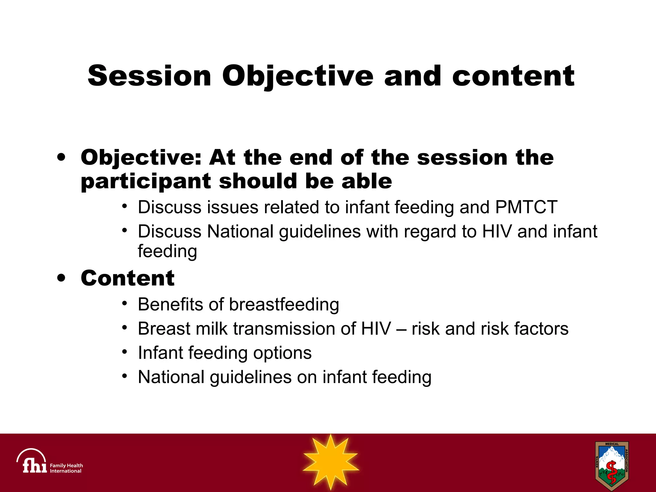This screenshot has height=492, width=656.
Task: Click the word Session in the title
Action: pyautogui.click(x=149, y=76)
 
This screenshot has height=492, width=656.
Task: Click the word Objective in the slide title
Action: pyautogui.click(x=298, y=76)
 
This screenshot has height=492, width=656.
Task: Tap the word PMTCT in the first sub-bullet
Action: pyautogui.click(x=526, y=207)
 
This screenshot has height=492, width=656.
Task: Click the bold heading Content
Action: pyautogui.click(x=127, y=278)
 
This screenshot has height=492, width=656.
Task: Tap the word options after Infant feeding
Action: pyautogui.click(x=282, y=353)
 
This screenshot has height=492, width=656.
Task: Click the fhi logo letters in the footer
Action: pyautogui.click(x=34, y=465)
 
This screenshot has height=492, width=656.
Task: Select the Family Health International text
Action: pyautogui.click(x=66, y=468)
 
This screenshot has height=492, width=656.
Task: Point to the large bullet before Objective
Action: pyautogui.click(x=61, y=157)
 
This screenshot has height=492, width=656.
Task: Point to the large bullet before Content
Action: pyautogui.click(x=61, y=278)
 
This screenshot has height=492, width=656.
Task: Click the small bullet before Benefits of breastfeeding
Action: pyautogui.click(x=125, y=303)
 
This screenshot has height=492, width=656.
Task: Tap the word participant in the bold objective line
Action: pyautogui.click(x=146, y=181)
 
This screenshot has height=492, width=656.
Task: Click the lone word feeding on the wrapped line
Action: pyautogui.click(x=167, y=251)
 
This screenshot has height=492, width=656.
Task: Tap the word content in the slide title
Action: pyautogui.click(x=513, y=76)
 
